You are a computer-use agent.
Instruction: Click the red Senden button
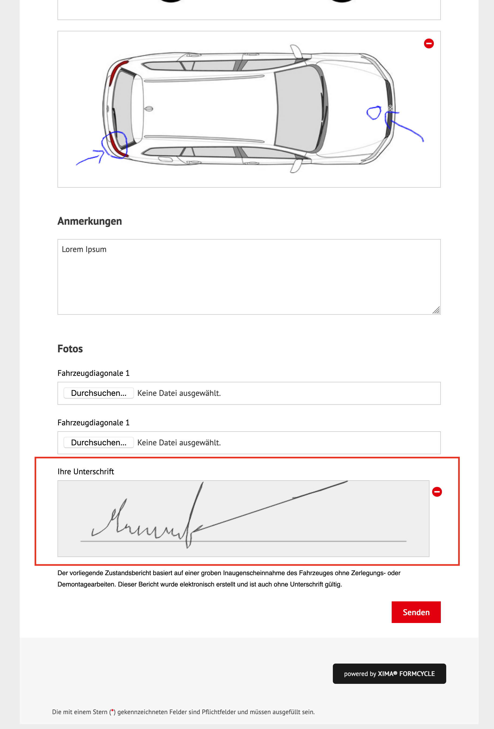pos(416,612)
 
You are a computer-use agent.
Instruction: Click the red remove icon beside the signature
pos(437,492)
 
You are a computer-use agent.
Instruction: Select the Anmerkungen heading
pos(90,221)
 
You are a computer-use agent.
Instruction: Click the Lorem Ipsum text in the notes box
pos(84,249)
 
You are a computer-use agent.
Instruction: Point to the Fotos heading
pos(70,349)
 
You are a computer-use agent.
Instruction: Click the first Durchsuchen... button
pos(99,393)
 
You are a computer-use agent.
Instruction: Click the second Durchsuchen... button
pos(99,443)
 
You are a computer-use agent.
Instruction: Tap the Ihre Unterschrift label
pos(86,472)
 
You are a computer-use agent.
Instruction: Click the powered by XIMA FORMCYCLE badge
pos(389,674)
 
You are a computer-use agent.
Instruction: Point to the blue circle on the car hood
pos(373,113)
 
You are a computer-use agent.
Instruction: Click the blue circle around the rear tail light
pos(115,145)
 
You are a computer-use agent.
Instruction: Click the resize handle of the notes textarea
pos(436,310)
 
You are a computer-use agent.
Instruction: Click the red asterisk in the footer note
pos(113,711)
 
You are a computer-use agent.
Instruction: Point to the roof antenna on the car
pos(148,109)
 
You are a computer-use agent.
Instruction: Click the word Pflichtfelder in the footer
pos(219,712)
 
